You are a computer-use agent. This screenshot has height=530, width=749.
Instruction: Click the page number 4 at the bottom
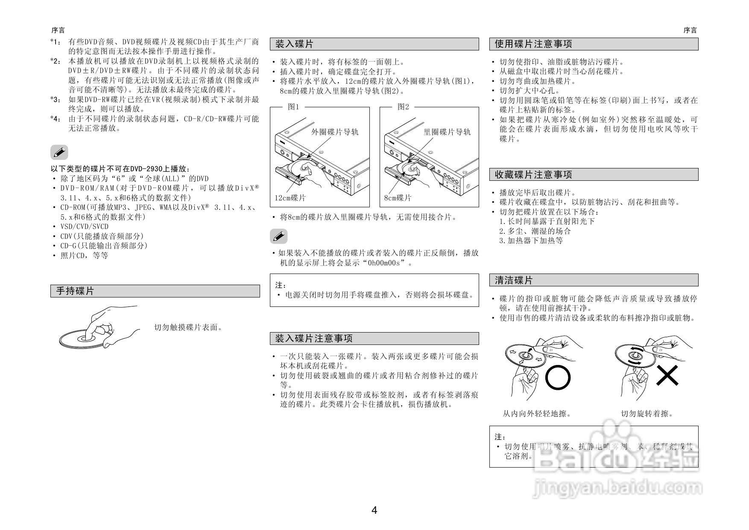tap(374, 510)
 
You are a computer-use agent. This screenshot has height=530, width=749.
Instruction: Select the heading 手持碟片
tap(75, 291)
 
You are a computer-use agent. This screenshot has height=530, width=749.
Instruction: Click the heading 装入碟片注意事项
tap(314, 339)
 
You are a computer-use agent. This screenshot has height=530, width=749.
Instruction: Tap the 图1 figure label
tap(294, 107)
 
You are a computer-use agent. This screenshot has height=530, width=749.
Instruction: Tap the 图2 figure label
tap(404, 107)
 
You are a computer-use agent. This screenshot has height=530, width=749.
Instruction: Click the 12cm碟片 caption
tap(290, 198)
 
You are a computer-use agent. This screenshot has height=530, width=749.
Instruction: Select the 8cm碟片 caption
tap(398, 198)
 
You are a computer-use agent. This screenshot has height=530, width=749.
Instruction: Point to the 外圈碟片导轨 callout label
tap(335, 132)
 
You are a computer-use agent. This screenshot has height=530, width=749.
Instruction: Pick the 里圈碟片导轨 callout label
tap(447, 132)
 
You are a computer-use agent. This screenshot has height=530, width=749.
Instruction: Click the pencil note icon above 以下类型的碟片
tap(59, 152)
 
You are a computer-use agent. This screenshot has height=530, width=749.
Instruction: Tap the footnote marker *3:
tap(56, 100)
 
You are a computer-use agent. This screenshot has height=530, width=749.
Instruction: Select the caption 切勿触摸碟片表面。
tap(188, 327)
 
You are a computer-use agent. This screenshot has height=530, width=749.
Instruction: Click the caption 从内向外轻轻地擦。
tap(537, 413)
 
